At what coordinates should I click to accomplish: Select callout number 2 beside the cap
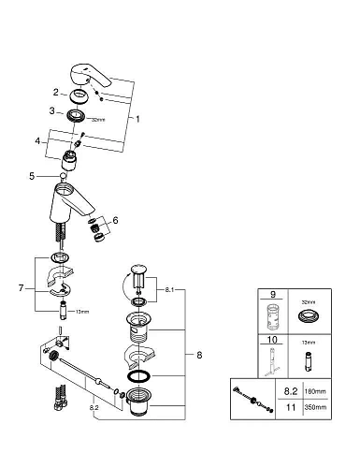tap(55, 92)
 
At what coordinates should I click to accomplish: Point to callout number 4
tap(37, 142)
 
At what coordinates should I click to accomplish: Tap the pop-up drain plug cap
tap(140, 271)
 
